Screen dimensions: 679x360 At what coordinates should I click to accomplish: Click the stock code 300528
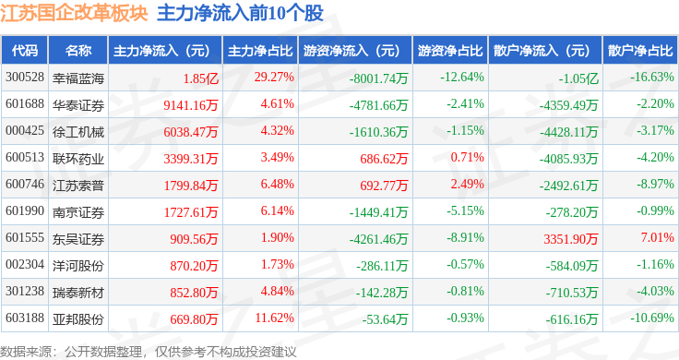pyautogui.click(x=25, y=78)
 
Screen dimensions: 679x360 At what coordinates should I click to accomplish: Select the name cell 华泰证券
pyautogui.click(x=78, y=105)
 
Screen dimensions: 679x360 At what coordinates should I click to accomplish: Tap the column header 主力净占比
pyautogui.click(x=260, y=51)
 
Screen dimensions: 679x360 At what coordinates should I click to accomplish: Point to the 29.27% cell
pyautogui.click(x=274, y=78)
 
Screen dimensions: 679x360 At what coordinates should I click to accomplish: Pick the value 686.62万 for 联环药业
pyautogui.click(x=384, y=159)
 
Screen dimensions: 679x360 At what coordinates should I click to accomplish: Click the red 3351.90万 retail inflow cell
pyautogui.click(x=571, y=239)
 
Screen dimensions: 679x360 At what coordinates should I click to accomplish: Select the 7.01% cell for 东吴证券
pyautogui.click(x=658, y=237)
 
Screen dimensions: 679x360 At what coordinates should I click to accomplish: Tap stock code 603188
pyautogui.click(x=25, y=318)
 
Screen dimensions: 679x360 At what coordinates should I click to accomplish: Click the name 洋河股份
pyautogui.click(x=78, y=266)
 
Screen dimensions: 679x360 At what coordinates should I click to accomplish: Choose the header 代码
pyautogui.click(x=25, y=51)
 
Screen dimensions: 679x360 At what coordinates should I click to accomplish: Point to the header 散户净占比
pyautogui.click(x=640, y=51)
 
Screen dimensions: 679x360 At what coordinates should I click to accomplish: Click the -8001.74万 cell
pyautogui.click(x=379, y=78)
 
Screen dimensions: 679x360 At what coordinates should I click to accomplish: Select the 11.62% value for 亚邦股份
pyautogui.click(x=275, y=318)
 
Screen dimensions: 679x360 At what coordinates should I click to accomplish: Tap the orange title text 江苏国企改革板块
pyautogui.click(x=74, y=14)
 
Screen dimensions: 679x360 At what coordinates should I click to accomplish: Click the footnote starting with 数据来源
pyautogui.click(x=149, y=352)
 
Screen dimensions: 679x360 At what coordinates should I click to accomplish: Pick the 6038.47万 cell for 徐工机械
pyautogui.click(x=191, y=132)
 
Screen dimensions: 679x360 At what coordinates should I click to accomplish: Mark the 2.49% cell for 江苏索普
pyautogui.click(x=467, y=184)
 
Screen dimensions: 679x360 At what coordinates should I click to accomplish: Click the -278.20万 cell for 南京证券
pyautogui.click(x=572, y=212)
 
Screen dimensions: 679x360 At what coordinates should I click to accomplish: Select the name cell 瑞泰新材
pyautogui.click(x=78, y=293)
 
